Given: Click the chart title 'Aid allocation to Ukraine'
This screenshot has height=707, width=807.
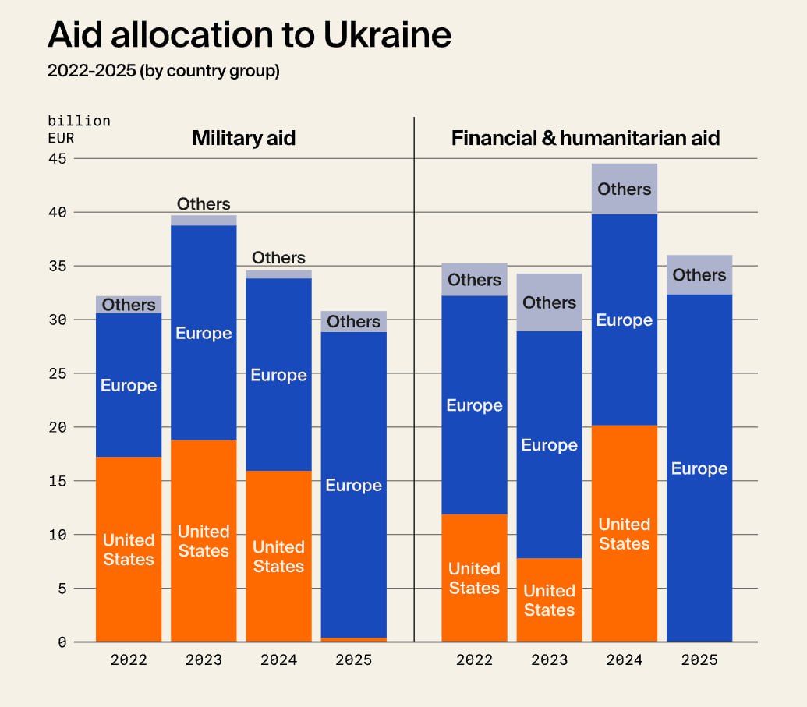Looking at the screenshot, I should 249,35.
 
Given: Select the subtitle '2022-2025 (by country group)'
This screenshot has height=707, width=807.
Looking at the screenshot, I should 163,71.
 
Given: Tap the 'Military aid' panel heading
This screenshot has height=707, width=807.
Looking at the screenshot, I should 243,139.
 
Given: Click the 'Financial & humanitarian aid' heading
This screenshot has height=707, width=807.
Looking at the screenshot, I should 585,139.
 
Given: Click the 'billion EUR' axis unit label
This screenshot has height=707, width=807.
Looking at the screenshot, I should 79,130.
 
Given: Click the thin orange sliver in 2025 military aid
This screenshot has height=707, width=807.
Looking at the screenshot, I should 353,639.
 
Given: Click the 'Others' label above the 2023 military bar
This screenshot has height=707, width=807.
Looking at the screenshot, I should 204,204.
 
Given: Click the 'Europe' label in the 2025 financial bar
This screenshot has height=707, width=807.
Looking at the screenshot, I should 699,468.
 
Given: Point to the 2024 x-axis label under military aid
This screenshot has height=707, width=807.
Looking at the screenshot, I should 278,660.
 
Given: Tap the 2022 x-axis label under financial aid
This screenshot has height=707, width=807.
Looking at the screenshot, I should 474,660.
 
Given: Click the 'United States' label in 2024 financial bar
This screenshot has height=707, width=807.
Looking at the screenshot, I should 624,534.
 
